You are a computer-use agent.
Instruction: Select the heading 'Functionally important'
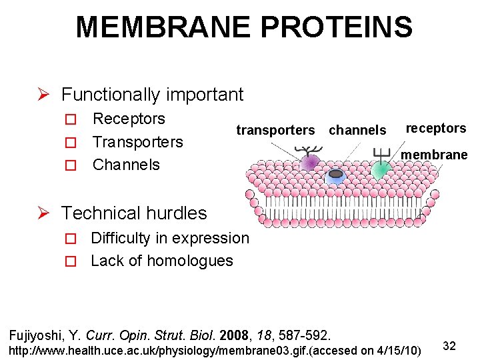coord(152,95)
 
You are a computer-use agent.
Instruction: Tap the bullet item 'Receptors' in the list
coord(129,119)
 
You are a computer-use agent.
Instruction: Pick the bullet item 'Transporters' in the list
coord(137,142)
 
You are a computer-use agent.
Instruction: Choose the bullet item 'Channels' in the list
coord(126,165)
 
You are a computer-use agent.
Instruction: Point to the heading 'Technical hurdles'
coord(134,213)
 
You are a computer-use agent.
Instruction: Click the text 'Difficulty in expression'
coord(169,238)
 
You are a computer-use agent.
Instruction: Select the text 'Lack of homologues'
coord(161,261)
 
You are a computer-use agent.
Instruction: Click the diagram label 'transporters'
coord(275,131)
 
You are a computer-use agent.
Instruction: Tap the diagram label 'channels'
coord(357,131)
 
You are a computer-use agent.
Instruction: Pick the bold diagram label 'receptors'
coord(436,128)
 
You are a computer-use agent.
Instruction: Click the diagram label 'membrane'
coord(434,155)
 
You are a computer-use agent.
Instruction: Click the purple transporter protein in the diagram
coord(310,163)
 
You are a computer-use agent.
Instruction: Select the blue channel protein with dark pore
coord(336,175)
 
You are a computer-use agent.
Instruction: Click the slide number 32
coord(449,346)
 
